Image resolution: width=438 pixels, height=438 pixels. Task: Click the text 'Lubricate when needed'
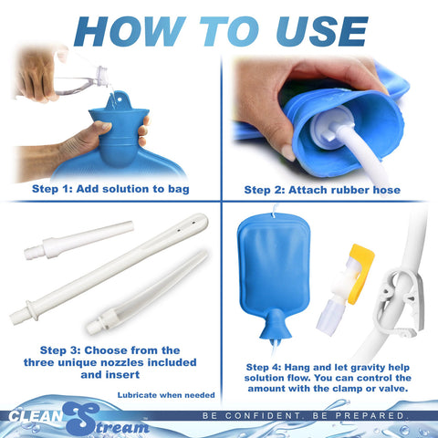[165, 394]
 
